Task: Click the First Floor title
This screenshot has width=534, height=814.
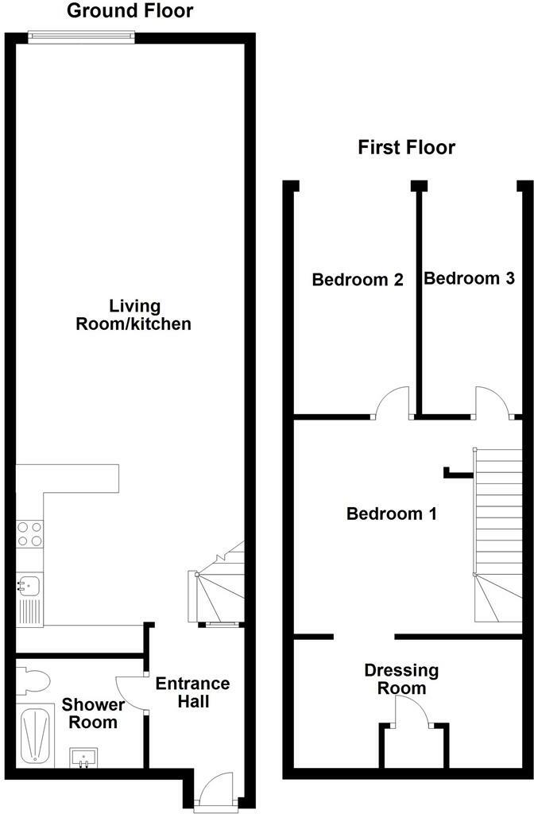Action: (406, 147)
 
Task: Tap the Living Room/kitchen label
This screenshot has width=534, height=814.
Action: (133, 315)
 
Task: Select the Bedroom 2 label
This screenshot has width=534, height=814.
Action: (358, 280)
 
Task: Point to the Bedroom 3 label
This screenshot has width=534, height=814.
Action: (469, 278)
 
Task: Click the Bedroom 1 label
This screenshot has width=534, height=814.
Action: (392, 514)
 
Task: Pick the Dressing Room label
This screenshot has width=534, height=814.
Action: (401, 680)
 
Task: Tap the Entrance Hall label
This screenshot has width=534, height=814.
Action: (192, 692)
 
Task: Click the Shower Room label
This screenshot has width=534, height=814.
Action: (94, 713)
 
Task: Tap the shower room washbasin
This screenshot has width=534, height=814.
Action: (83, 755)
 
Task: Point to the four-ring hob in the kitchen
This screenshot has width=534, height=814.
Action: (29, 533)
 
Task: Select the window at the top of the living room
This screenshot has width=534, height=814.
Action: (79, 33)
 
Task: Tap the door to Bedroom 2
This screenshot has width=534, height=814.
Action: (393, 401)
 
